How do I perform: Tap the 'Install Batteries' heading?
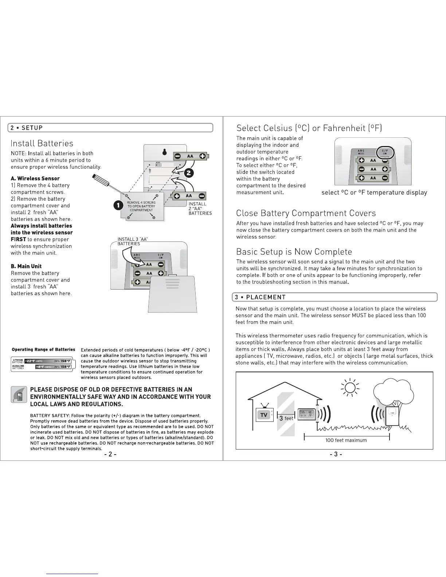click(42, 144)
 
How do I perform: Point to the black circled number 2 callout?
click(189, 173)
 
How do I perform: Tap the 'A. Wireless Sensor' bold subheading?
click(35, 178)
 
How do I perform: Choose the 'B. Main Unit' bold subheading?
click(26, 266)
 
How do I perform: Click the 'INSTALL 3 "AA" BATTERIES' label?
click(132, 241)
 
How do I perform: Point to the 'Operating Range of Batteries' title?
click(43, 350)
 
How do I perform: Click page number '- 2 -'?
click(110, 454)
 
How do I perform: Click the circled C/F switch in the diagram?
click(385, 152)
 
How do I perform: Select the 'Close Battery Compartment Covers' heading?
click(306, 213)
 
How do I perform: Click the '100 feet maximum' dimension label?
click(346, 440)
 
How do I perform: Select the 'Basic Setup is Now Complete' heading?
click(294, 252)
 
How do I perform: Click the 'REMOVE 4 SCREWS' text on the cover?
click(141, 203)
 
